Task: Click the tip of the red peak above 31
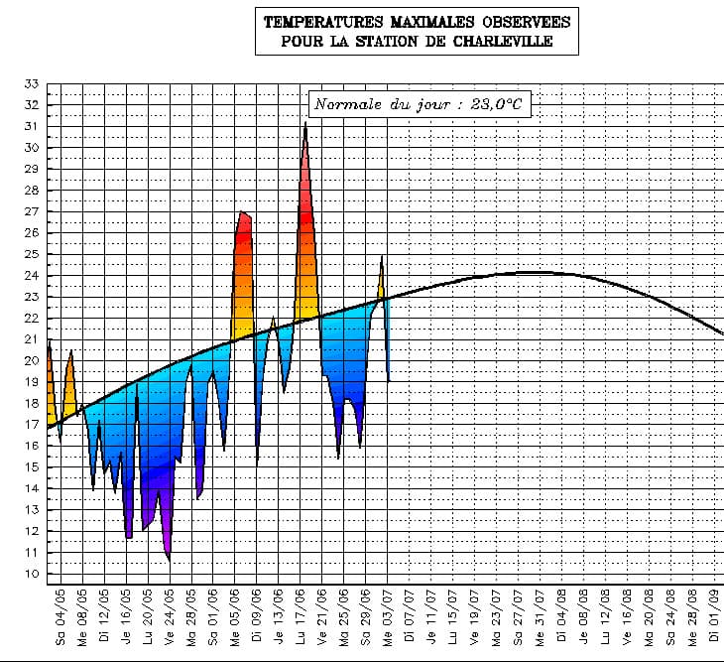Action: tap(305, 122)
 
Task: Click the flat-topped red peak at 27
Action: tap(243, 213)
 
